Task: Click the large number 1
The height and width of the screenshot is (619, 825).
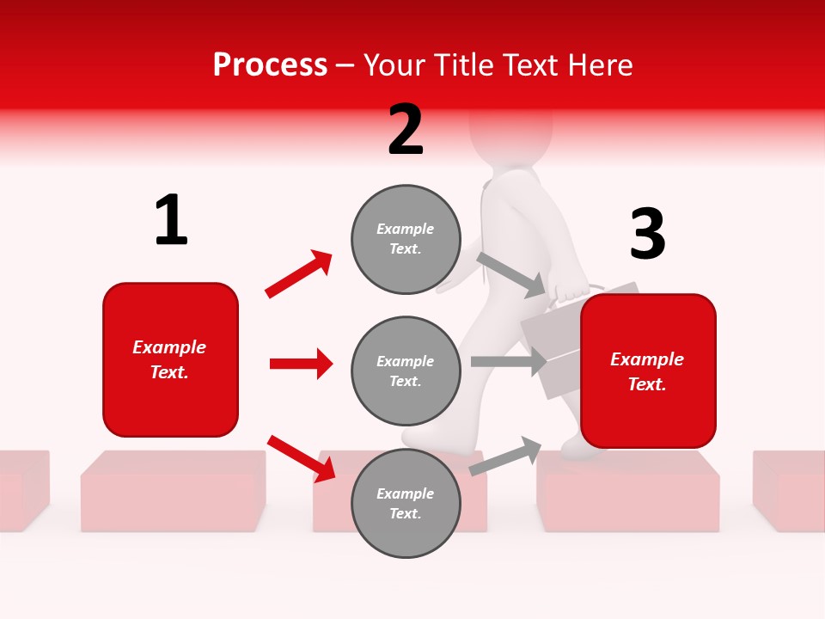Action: click(x=171, y=220)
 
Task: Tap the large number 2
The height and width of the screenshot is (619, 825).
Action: click(x=406, y=130)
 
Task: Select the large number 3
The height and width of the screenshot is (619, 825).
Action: click(x=647, y=234)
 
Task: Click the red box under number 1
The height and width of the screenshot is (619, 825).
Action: click(x=170, y=359)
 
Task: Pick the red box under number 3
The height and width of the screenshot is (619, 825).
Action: click(x=648, y=371)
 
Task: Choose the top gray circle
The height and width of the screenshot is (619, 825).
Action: click(x=406, y=239)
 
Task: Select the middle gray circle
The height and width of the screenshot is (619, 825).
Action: click(x=406, y=371)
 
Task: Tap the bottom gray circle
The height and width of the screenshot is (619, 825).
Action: click(x=406, y=504)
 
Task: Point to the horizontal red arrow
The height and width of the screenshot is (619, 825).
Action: click(x=301, y=364)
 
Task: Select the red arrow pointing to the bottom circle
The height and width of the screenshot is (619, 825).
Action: click(x=301, y=458)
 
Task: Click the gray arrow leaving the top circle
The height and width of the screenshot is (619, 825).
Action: click(x=511, y=274)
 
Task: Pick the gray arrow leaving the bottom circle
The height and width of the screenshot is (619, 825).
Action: click(x=505, y=457)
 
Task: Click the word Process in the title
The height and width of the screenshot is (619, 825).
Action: click(x=270, y=64)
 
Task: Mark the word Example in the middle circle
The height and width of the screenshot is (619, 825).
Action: click(x=405, y=361)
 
